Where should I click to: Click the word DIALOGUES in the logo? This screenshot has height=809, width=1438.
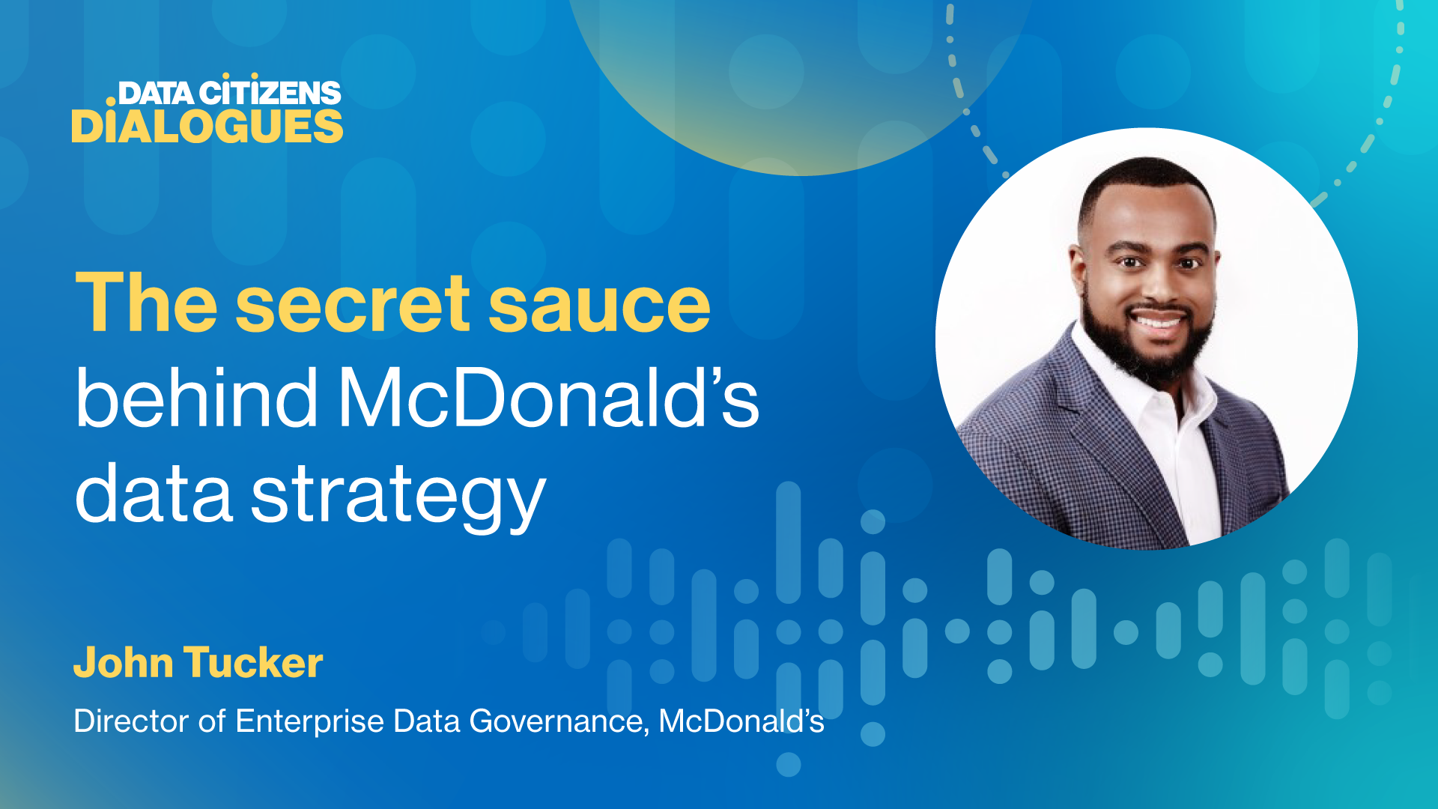(207, 127)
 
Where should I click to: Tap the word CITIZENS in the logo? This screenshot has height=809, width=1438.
(270, 91)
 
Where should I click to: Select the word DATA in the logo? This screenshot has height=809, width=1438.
(156, 93)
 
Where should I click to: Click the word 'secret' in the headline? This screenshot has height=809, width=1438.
(353, 303)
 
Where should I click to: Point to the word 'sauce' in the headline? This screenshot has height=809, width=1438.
(599, 307)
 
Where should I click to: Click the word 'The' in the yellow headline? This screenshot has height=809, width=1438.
(147, 302)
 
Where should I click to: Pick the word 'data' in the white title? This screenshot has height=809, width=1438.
(154, 493)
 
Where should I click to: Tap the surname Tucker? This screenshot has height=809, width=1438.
(253, 662)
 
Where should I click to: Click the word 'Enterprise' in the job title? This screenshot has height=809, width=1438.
(310, 721)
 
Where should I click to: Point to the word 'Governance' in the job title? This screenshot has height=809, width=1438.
(559, 721)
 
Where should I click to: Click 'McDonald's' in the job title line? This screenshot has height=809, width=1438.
(741, 721)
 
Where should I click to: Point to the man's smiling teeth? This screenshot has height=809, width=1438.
(1156, 323)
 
